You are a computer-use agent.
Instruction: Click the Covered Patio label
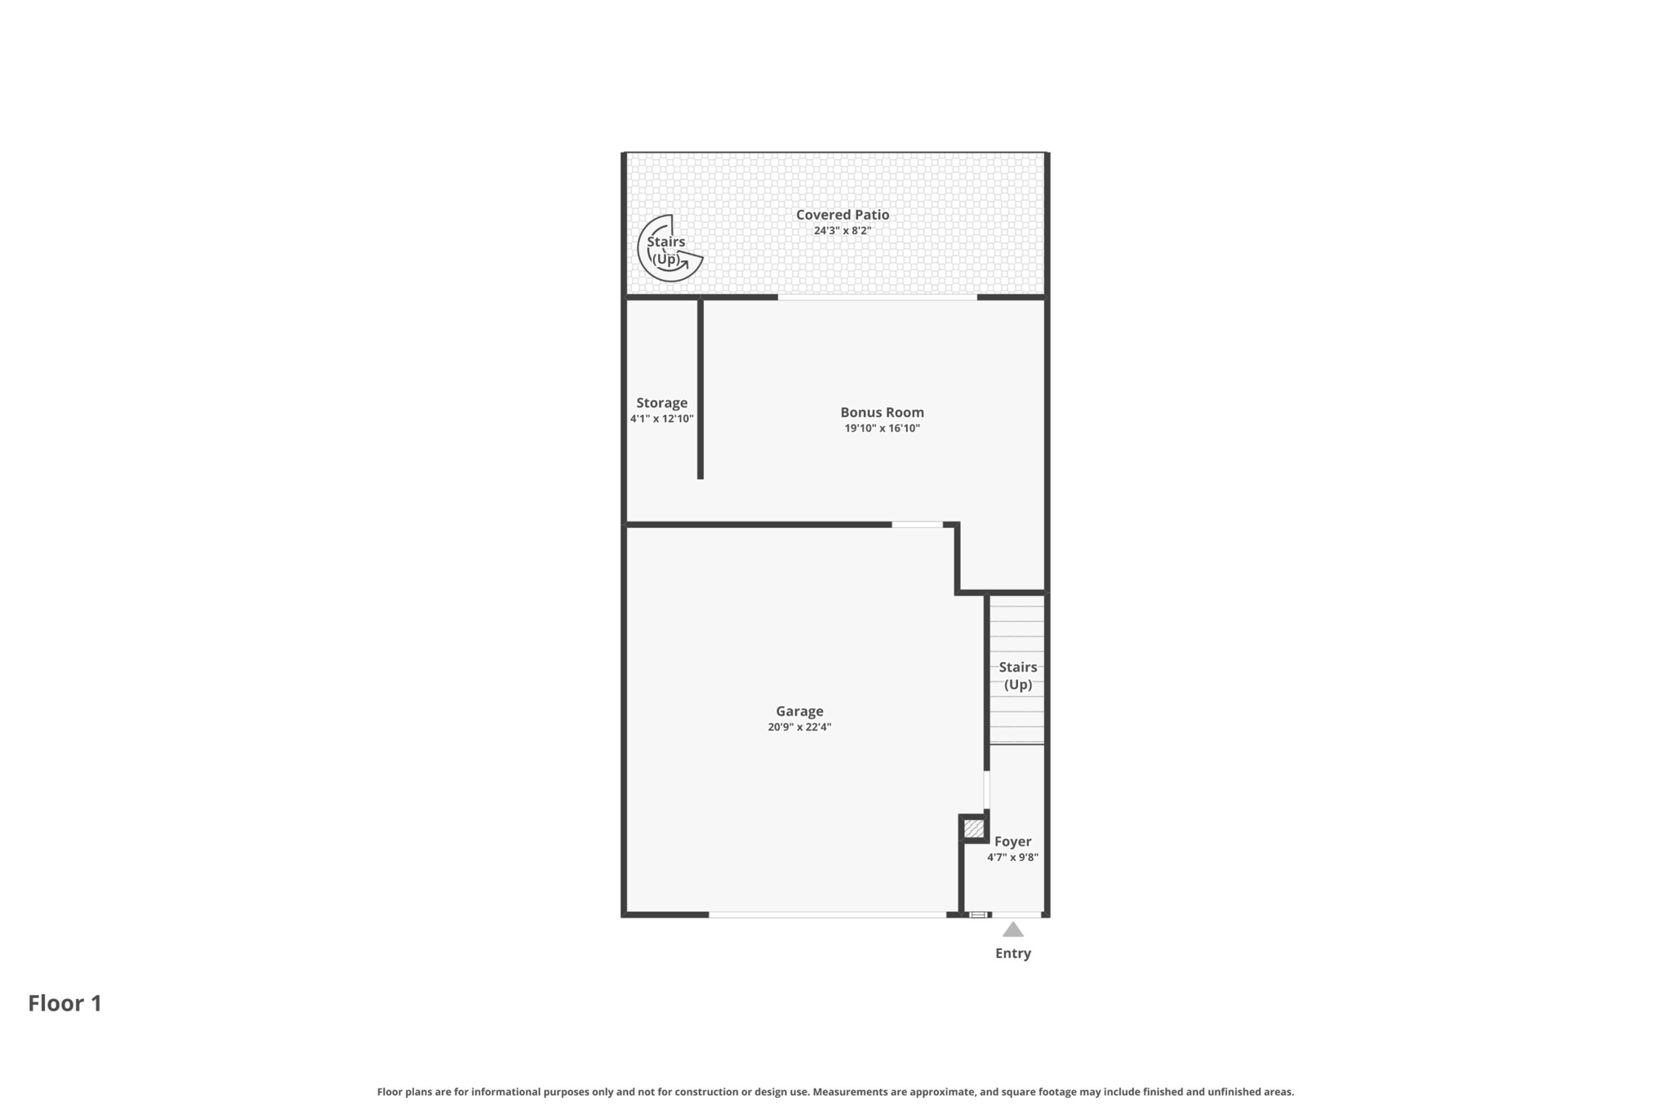click(843, 215)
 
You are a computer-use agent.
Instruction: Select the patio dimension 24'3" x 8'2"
click(843, 231)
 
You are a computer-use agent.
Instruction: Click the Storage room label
click(662, 403)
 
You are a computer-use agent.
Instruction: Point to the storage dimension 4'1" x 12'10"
click(662, 419)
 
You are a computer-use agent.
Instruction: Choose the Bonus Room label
click(883, 412)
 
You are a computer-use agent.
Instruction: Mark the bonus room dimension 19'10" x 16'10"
click(883, 428)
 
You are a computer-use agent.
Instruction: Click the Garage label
click(800, 712)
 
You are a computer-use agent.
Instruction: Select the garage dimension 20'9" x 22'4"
click(800, 727)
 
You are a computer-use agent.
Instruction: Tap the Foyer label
click(1013, 841)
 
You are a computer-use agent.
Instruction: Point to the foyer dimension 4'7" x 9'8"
click(1013, 858)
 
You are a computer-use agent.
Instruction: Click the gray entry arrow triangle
click(1013, 930)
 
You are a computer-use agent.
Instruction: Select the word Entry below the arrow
click(1013, 953)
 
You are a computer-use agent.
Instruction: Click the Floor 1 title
click(65, 1003)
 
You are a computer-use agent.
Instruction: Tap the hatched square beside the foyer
click(974, 828)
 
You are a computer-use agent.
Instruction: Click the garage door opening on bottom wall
click(827, 915)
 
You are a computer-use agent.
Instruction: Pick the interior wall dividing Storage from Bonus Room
click(700, 388)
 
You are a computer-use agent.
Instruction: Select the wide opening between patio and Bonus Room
click(878, 297)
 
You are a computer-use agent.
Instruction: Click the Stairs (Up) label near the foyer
click(1018, 676)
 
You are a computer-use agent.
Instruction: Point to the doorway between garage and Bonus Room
click(918, 524)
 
